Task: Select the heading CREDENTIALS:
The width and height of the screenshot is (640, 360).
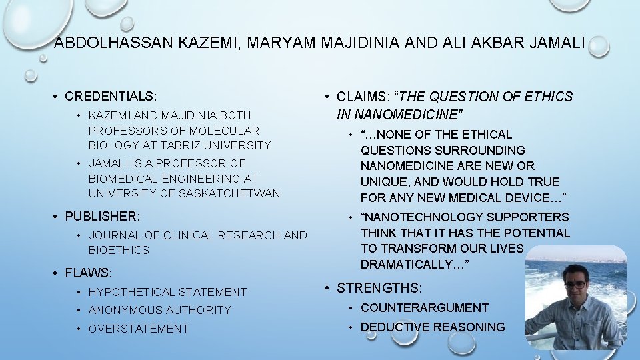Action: click(110, 96)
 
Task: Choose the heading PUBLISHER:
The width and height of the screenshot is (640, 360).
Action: click(103, 216)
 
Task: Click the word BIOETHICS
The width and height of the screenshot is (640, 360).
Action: click(119, 250)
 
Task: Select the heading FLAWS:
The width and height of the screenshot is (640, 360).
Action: click(89, 273)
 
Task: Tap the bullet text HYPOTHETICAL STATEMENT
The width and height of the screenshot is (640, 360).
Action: click(167, 291)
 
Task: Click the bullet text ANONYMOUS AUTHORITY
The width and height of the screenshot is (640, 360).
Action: click(159, 310)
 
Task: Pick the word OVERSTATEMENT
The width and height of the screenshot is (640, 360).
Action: click(139, 329)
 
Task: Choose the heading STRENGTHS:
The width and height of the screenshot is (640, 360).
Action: click(379, 288)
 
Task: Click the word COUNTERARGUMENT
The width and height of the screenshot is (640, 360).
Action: click(425, 308)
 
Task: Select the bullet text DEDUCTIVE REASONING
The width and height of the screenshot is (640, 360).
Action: click(433, 327)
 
